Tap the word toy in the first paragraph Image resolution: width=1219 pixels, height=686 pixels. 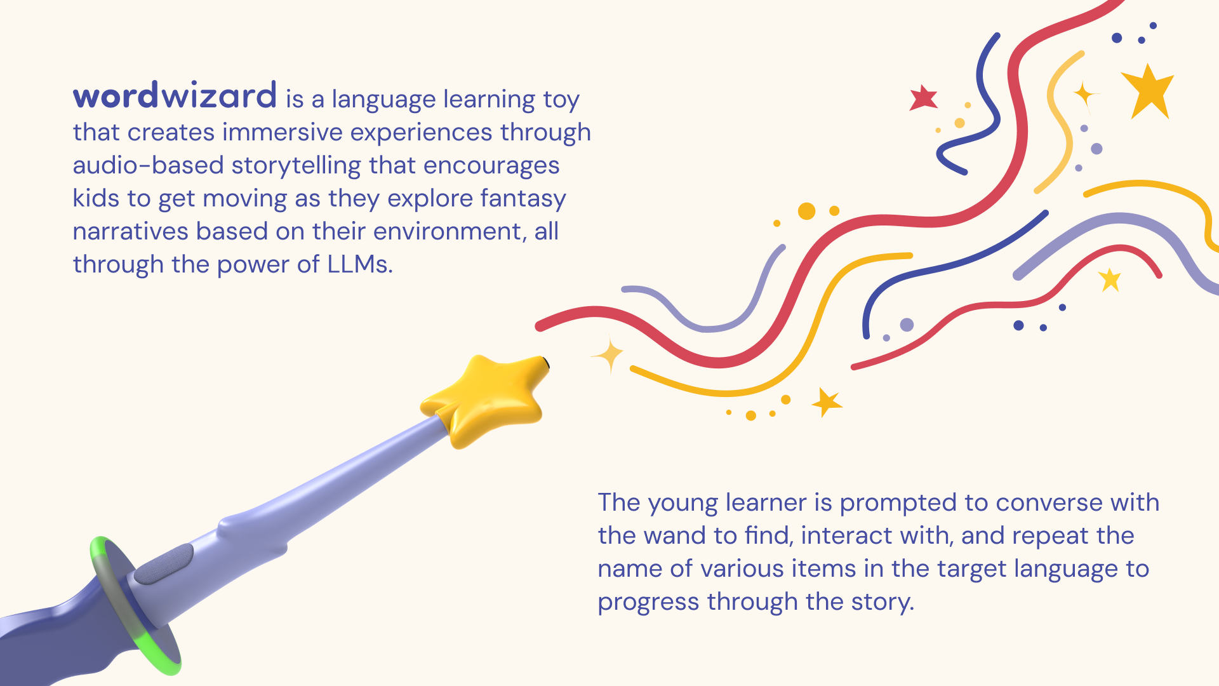(x=561, y=100)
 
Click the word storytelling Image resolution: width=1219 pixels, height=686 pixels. (x=296, y=166)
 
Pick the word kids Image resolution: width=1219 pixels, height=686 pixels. (x=96, y=198)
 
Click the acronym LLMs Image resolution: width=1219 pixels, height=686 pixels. (x=360, y=264)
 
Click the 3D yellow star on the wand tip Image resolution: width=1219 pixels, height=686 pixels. (x=485, y=400)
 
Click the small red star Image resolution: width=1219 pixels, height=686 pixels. (x=923, y=98)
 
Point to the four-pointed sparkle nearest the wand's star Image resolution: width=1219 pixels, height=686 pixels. (x=609, y=355)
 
